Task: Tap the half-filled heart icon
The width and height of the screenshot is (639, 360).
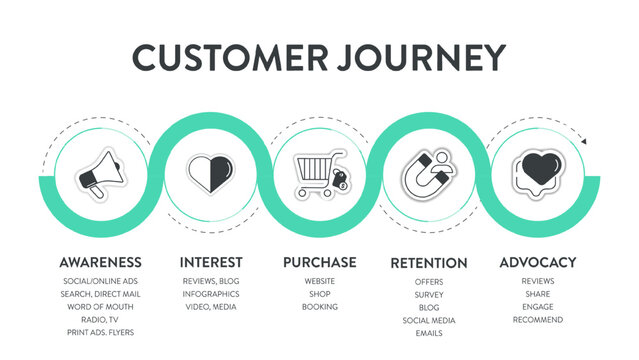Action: [210, 173]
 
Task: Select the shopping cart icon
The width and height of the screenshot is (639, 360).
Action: [320, 175]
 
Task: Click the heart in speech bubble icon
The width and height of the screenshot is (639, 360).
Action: [537, 173]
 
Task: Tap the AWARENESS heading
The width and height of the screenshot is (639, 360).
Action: [100, 262]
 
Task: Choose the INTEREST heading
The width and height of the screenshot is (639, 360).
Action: [210, 262]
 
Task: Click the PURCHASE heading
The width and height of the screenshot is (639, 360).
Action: [319, 262]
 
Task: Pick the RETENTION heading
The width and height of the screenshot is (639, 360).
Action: [428, 263]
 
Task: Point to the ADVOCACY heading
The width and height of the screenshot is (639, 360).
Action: [537, 262]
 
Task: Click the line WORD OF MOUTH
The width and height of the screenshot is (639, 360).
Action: [100, 306]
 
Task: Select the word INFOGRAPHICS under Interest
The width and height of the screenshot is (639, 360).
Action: [210, 294]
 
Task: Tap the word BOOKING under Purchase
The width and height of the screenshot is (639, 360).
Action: [319, 306]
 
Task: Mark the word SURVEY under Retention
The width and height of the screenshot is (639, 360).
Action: [428, 295]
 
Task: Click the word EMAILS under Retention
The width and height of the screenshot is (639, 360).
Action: [428, 333]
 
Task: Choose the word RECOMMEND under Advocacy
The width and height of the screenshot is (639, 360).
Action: [537, 319]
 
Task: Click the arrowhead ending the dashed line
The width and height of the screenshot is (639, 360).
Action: [584, 142]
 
